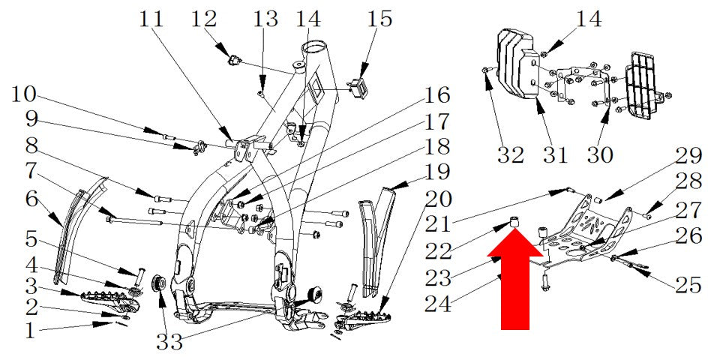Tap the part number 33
(170, 342)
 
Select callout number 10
(24, 94)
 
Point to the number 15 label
(380, 19)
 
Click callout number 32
(510, 155)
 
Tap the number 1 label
(29, 331)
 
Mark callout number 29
(688, 156)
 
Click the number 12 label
(203, 19)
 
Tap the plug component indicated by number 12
(234, 61)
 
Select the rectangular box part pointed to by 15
(359, 85)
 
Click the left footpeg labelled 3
(108, 300)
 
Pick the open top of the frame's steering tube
(315, 47)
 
